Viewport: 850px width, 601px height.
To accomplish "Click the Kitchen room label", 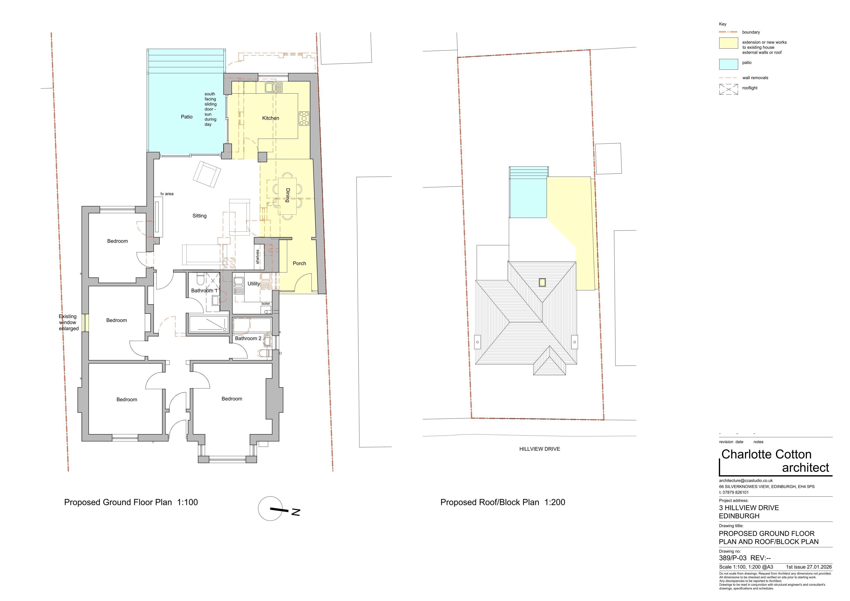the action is (271, 118).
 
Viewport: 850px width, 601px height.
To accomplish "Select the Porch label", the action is (299, 264).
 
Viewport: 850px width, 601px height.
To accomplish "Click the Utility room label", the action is (254, 284).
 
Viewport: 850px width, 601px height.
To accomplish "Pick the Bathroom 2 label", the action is (248, 338).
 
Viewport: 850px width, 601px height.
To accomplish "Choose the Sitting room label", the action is (200, 216).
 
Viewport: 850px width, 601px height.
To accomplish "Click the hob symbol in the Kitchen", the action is (304, 118).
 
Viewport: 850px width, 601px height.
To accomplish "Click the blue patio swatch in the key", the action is (728, 64).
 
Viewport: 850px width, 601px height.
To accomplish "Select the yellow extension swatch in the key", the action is (728, 43).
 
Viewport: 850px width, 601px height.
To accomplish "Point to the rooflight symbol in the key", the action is (728, 89).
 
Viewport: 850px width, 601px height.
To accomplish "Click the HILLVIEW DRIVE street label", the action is (539, 449).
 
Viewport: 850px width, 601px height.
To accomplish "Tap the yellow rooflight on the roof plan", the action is (542, 282).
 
